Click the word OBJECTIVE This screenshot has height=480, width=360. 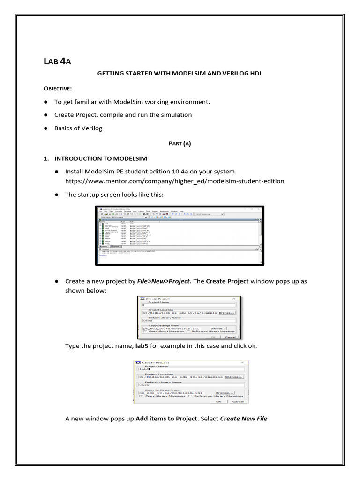(x=58, y=88)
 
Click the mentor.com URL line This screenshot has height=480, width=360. (x=174, y=181)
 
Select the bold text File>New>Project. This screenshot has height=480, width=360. (x=164, y=281)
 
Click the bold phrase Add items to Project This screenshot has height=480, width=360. (x=166, y=419)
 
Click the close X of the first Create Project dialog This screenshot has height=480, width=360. (x=234, y=298)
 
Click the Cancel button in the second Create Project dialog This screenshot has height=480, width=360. (x=238, y=401)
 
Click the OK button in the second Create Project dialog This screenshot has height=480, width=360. (x=218, y=401)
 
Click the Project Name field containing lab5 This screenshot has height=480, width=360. (x=189, y=369)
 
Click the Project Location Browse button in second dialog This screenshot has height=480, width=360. (x=234, y=376)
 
